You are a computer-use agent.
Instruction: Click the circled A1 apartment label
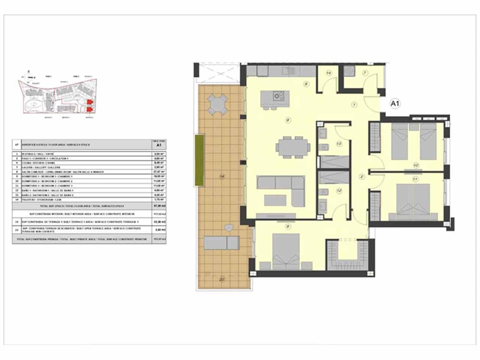[x=394, y=103]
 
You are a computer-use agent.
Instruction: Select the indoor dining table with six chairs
[x=293, y=147]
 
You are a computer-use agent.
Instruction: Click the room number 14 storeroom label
[x=329, y=73]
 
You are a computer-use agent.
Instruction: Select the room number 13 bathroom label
[x=339, y=143]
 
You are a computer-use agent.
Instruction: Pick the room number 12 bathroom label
[x=339, y=190]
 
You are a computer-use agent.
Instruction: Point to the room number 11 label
[x=415, y=179]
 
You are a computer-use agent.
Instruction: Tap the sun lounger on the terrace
[x=223, y=244]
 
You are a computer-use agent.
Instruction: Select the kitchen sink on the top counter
[x=288, y=70]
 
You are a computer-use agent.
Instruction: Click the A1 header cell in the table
[x=158, y=145]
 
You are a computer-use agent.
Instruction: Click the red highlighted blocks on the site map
[x=89, y=105]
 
